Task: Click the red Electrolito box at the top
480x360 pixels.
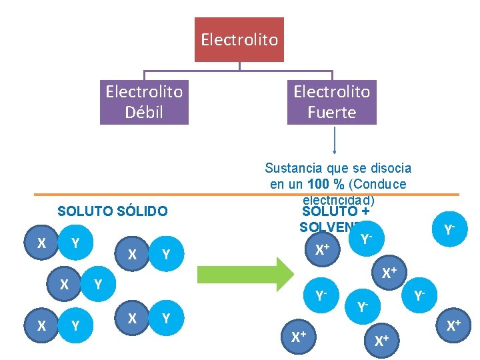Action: coord(239,39)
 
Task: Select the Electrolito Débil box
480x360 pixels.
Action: coord(144,101)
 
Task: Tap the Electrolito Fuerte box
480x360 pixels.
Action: coord(331,101)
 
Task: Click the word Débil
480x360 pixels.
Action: coord(144,112)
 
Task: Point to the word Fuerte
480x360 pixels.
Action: coord(331,112)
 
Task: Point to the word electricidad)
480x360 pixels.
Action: coord(339,199)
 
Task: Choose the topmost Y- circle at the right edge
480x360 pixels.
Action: coord(449,230)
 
